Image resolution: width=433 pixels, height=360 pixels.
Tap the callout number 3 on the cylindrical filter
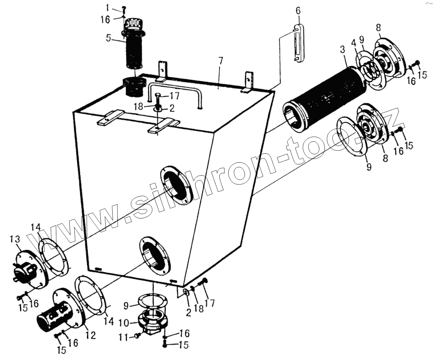coord(343,49)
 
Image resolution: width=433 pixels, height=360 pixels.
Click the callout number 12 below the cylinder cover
coord(91,335)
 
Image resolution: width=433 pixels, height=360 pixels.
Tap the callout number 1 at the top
coord(107,8)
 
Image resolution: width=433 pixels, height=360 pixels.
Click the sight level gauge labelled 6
coord(298,44)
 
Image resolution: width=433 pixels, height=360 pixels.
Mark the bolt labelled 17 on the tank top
coord(158,99)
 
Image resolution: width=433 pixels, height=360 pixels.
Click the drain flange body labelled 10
coord(153,321)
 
